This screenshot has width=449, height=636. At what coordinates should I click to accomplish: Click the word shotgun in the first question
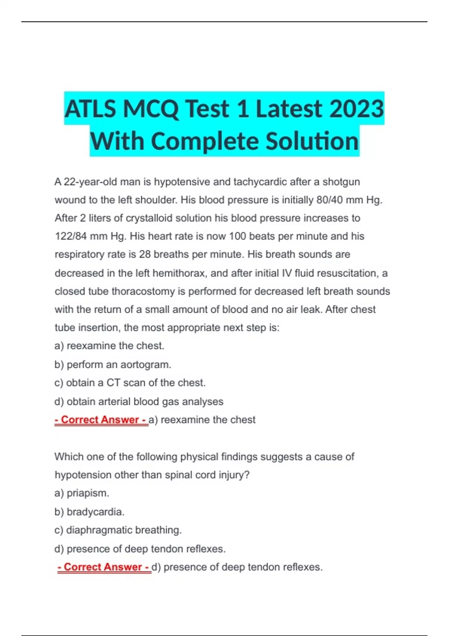coord(341,182)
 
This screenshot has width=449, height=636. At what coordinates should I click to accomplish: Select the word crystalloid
coord(149,218)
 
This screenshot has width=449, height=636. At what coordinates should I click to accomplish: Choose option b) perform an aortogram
coord(113,364)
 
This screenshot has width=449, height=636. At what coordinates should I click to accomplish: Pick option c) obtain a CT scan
coord(130,383)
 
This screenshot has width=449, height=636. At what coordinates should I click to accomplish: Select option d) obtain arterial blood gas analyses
coord(139,401)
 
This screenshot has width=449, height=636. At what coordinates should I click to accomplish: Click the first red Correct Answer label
coord(101,420)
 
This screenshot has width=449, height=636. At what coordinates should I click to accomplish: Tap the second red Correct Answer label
coord(104,567)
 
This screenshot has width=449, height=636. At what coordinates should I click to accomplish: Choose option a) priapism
coord(82,493)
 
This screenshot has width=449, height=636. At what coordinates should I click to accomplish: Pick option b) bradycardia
coord(89,512)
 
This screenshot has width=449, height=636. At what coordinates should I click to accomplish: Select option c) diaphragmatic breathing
coord(118,530)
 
